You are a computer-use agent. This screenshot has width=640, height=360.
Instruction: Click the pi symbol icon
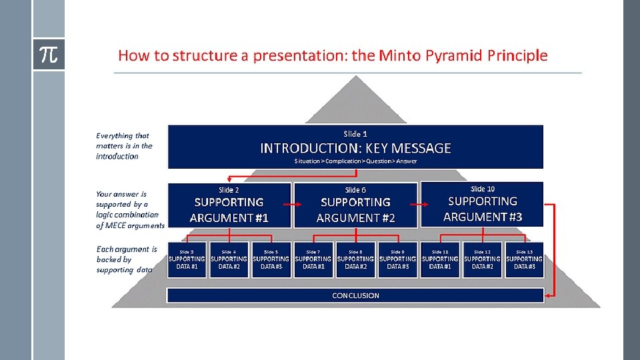[x=49, y=55]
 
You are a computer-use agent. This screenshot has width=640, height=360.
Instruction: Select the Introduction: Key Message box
[x=355, y=147]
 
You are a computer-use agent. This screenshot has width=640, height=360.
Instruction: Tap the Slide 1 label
[x=355, y=134]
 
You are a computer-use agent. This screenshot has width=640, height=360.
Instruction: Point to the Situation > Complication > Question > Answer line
[x=355, y=161]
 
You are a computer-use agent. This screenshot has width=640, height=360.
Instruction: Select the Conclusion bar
[x=355, y=295]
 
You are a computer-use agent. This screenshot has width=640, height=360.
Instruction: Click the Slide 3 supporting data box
[x=187, y=260]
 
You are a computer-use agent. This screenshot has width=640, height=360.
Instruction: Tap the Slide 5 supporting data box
[x=271, y=260]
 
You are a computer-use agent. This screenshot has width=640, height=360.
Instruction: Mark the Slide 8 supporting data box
[x=355, y=260]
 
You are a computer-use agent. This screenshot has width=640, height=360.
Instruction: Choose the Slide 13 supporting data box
[x=524, y=260]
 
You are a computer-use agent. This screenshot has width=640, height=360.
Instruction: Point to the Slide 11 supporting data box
[x=440, y=260]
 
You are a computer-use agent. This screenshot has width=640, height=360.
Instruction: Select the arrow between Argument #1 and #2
[x=293, y=205]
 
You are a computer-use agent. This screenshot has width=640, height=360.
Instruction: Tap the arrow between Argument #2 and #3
[x=419, y=205]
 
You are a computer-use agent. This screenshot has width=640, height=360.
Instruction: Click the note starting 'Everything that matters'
[x=124, y=145]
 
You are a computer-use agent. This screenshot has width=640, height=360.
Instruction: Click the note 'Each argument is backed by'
[x=126, y=259]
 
